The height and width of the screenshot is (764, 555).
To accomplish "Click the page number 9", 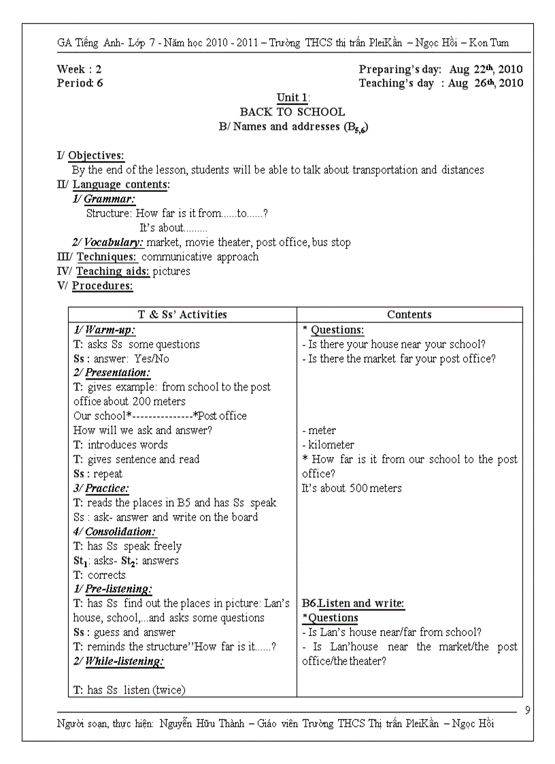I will point(528,711).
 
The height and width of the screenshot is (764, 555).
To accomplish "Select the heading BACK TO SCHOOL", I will point(292,112).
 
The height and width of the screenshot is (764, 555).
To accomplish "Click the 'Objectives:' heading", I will point(96,156).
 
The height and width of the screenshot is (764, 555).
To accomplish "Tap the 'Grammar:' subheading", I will point(109,199).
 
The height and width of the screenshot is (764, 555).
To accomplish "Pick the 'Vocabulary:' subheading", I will point(114,242).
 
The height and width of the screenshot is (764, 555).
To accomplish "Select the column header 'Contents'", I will point(409,314).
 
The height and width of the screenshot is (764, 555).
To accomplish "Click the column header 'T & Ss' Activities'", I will point(182,314).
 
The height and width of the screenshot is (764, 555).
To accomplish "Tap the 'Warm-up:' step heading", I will point(110,330).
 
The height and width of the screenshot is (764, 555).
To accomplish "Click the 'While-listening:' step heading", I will point(124,661).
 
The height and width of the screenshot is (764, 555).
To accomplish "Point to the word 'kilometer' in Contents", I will point(331,445).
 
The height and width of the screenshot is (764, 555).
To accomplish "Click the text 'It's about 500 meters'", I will point(352,488).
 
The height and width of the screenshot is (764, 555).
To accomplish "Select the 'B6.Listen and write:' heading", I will point(353,603).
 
